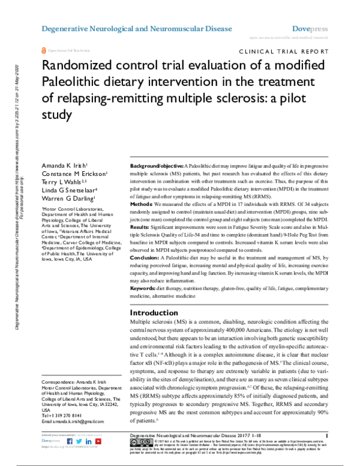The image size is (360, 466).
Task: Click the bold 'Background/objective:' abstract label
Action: (157, 165)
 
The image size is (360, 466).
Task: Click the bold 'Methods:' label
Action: (143, 205)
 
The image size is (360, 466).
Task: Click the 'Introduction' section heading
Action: (154, 313)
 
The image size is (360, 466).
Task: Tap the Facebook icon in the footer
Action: (69, 441)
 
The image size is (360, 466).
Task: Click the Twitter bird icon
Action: (79, 441)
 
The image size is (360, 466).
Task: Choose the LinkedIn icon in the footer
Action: (88, 441)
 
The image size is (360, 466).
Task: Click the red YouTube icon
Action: (97, 441)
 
